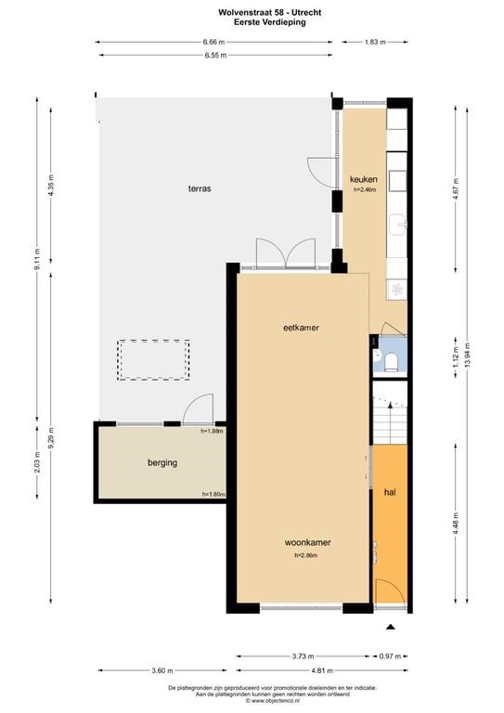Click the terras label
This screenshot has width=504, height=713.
pyautogui.click(x=200, y=188)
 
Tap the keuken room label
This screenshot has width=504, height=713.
pyautogui.click(x=364, y=178)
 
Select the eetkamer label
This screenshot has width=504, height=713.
pyautogui.click(x=301, y=328)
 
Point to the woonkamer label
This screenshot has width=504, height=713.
pyautogui.click(x=307, y=542)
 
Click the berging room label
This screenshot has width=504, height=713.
pyautogui.click(x=162, y=463)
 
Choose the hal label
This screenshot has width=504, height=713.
pyautogui.click(x=390, y=492)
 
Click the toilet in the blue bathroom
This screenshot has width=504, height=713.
pyautogui.click(x=391, y=362)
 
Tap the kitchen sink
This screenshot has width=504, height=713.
pyautogui.click(x=397, y=225)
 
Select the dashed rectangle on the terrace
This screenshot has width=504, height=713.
pyautogui.click(x=153, y=359)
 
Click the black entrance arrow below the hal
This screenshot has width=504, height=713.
pyautogui.click(x=391, y=627)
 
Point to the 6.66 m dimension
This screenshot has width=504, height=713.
pyautogui.click(x=213, y=42)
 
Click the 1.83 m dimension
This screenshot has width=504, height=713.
pyautogui.click(x=375, y=42)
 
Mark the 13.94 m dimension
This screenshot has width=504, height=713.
pyautogui.click(x=467, y=356)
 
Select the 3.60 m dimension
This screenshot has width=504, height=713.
pyautogui.click(x=162, y=670)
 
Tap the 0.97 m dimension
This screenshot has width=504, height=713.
pyautogui.click(x=390, y=656)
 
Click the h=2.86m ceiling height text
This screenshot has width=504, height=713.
pyautogui.click(x=306, y=555)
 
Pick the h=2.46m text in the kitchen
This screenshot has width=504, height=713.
pyautogui.click(x=365, y=190)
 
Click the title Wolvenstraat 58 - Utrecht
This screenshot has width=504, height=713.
pyautogui.click(x=269, y=13)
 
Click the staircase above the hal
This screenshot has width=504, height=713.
pyautogui.click(x=390, y=412)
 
